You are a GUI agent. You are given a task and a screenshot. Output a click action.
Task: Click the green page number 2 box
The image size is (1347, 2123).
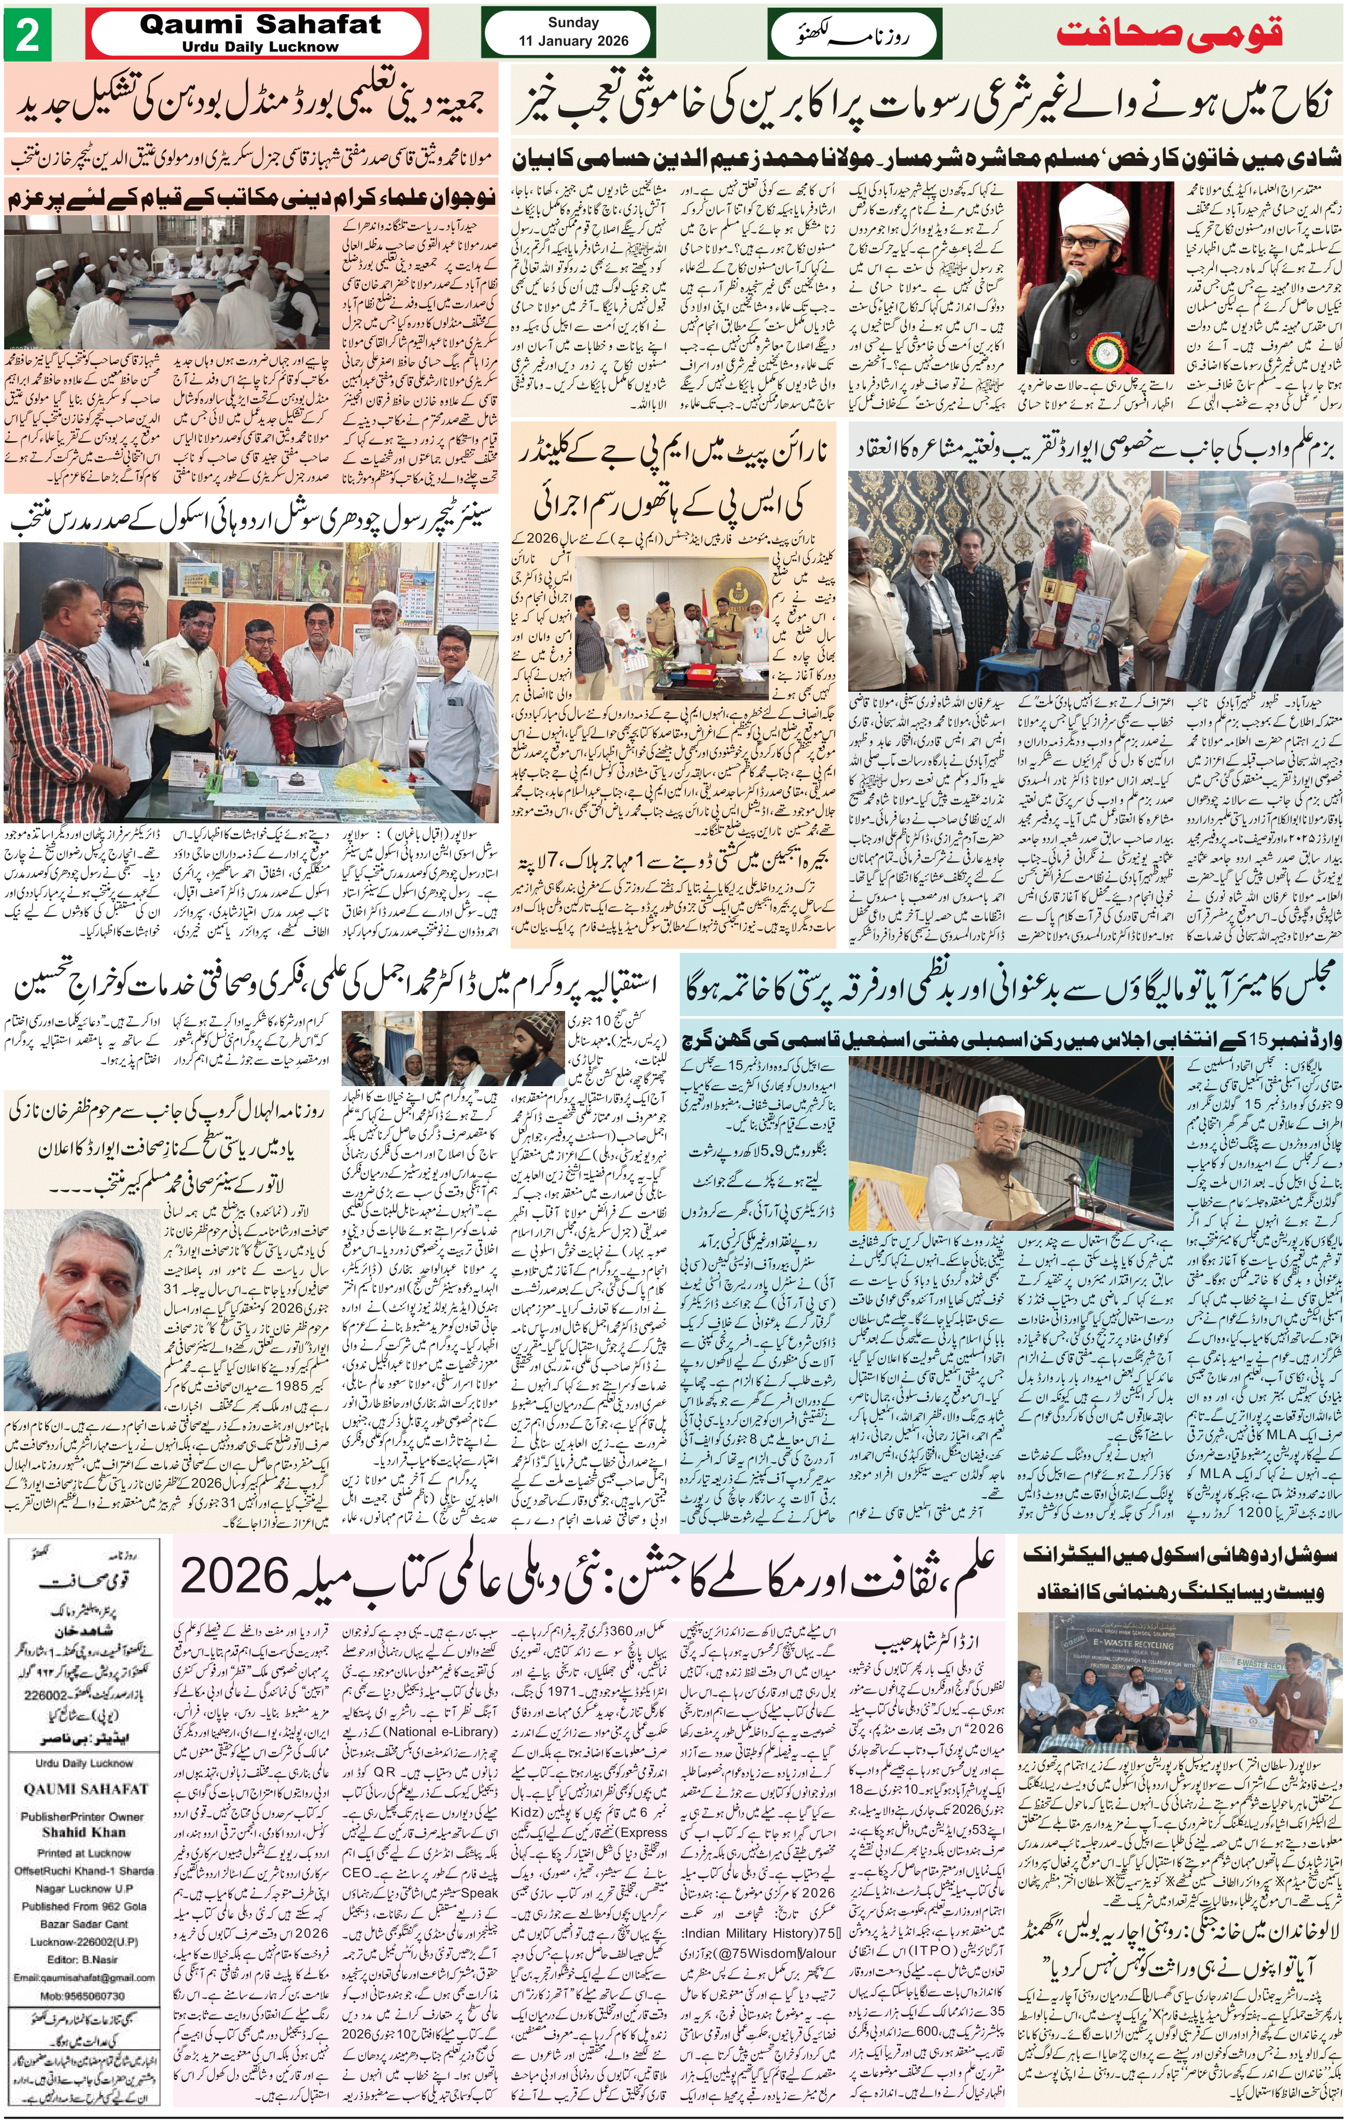(x=28, y=35)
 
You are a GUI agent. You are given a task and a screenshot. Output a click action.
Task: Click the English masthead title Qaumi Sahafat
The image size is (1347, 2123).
(x=260, y=25)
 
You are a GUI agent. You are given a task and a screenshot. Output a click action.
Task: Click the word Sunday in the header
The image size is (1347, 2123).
(x=573, y=23)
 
